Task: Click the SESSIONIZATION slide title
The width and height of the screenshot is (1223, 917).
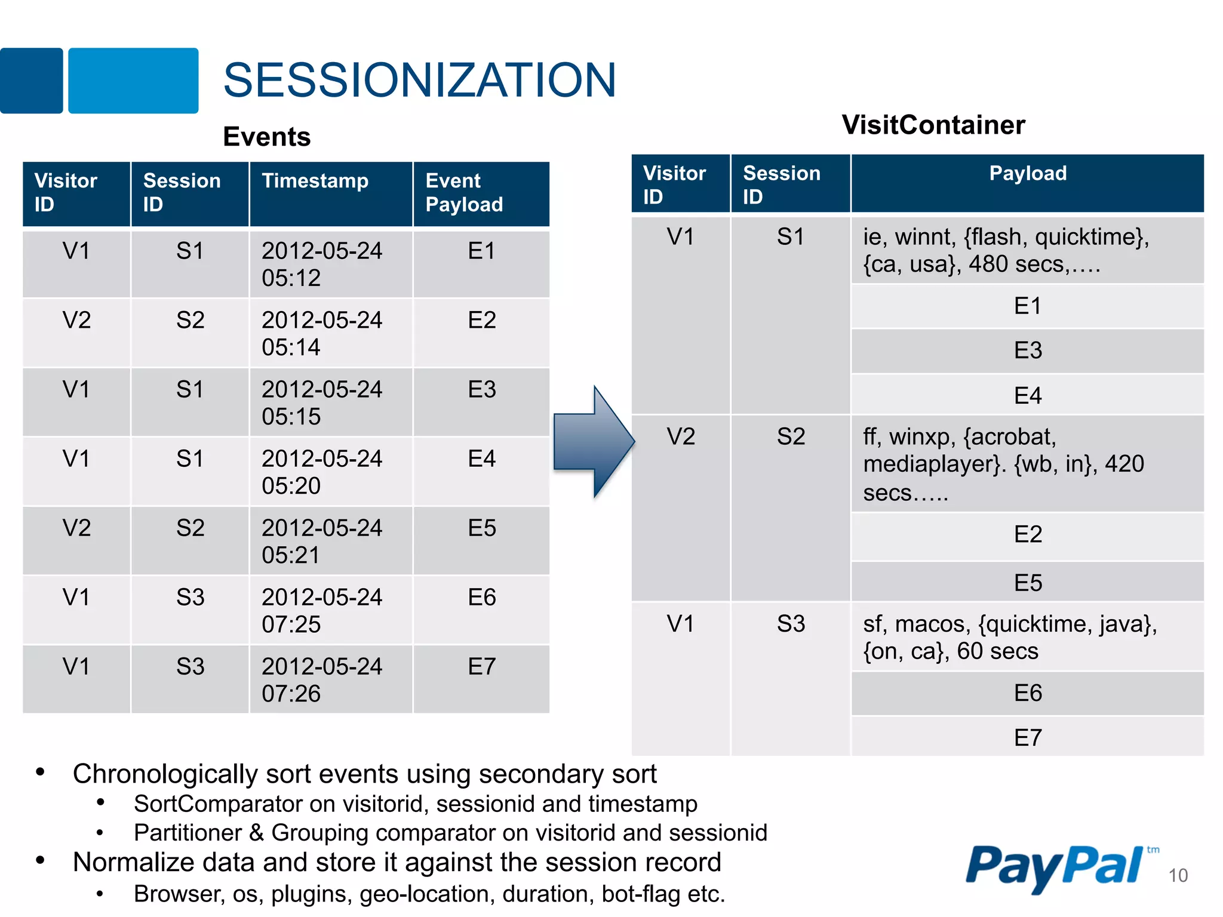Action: pyautogui.click(x=419, y=80)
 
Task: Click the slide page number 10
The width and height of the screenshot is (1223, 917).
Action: pyautogui.click(x=1178, y=876)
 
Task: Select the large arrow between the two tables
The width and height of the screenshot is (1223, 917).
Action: pyautogui.click(x=593, y=442)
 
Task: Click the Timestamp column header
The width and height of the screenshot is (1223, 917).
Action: pyautogui.click(x=315, y=181)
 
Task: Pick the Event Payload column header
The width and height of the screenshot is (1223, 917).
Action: pyautogui.click(x=464, y=193)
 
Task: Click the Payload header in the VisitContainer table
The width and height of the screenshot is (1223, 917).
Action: pyautogui.click(x=1027, y=173)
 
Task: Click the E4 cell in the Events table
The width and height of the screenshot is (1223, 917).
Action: pyautogui.click(x=481, y=459)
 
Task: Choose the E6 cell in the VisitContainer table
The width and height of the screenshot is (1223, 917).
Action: pyautogui.click(x=1027, y=693)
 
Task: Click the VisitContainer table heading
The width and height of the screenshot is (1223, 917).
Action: pyautogui.click(x=933, y=125)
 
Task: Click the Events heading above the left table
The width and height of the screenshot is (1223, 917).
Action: pyautogui.click(x=267, y=137)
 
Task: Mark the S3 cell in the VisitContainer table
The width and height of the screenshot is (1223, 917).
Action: pyautogui.click(x=791, y=624)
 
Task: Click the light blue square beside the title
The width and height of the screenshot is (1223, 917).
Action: pyautogui.click(x=133, y=81)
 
